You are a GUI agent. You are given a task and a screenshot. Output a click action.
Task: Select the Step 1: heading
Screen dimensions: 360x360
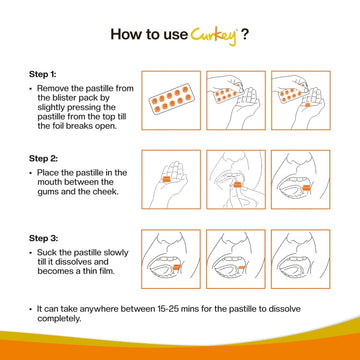point(42,74)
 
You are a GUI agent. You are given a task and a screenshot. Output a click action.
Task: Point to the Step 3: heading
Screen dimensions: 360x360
point(42,239)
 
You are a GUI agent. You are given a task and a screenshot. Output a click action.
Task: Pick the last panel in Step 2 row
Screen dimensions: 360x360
point(301,180)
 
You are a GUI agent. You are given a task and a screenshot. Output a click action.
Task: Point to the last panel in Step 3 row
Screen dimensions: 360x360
point(301,260)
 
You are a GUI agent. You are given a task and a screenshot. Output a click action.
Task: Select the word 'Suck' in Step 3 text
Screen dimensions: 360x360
point(46,253)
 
